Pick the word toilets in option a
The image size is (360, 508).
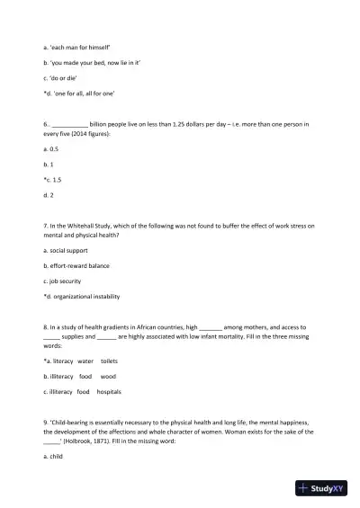(110, 361)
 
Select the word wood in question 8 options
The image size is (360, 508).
(108, 376)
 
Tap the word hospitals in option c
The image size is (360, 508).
(109, 392)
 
